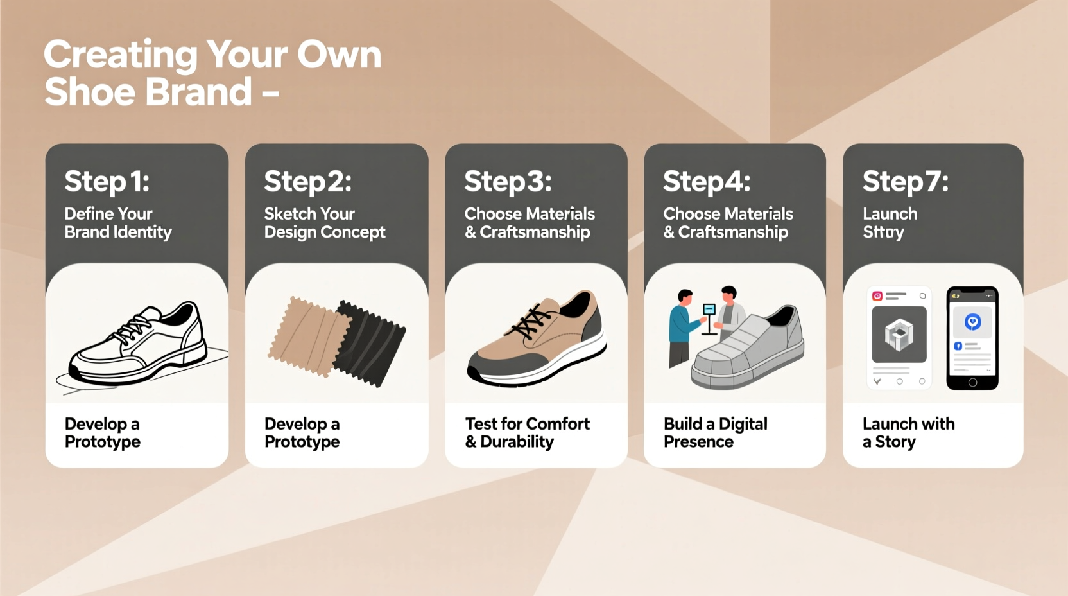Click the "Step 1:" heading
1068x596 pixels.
point(107,182)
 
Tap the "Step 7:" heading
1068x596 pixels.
point(905,182)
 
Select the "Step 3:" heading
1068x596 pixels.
point(508,182)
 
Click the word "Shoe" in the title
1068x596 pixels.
point(90,92)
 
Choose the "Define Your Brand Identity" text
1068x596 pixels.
point(118,223)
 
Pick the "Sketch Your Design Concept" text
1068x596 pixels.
point(325,223)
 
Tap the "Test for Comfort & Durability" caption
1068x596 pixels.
point(527,433)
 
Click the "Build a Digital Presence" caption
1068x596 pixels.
point(715,433)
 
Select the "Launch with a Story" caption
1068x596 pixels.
point(908,433)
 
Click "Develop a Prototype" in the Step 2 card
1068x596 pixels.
point(302,433)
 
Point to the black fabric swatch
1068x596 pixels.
point(370,344)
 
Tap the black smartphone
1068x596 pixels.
point(972,338)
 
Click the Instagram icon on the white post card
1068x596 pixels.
point(877,296)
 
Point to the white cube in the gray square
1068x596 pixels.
point(899,335)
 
